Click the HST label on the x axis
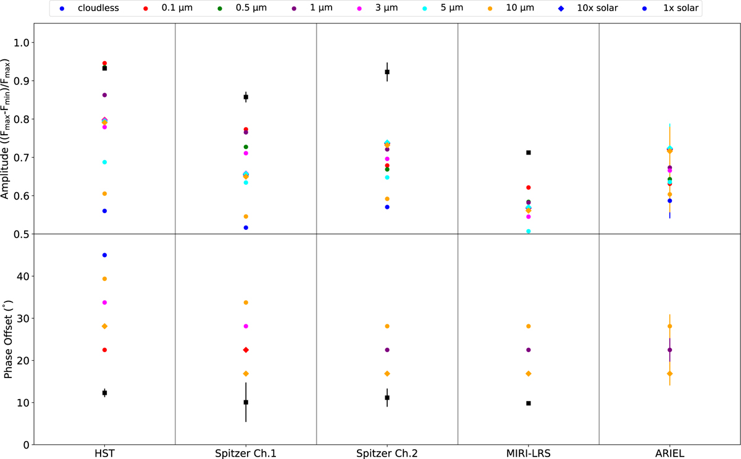104,453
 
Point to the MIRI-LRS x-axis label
528,453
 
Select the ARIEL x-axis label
669,453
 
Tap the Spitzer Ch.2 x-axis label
387,453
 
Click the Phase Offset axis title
8,339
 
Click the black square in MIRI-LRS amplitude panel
529,153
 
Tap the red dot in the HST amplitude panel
104,64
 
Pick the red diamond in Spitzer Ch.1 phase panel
246,350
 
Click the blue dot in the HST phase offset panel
104,255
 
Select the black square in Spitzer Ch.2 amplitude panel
387,72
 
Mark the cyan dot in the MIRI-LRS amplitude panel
529,231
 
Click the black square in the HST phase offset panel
104,393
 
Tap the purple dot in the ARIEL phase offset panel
670,350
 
